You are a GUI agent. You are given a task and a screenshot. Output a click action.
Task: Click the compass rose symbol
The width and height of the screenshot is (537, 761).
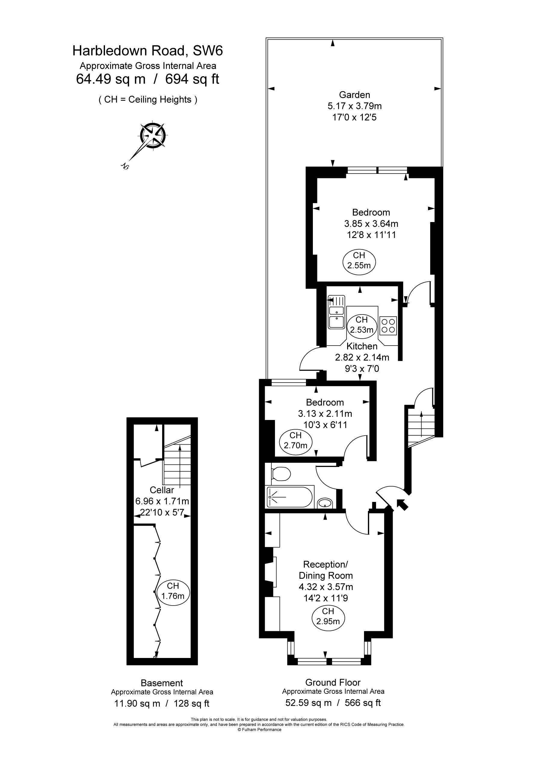click(x=153, y=135)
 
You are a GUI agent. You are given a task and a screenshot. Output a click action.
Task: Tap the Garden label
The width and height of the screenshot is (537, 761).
click(x=354, y=95)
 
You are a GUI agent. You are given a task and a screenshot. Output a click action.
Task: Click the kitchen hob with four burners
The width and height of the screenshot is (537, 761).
click(x=388, y=325)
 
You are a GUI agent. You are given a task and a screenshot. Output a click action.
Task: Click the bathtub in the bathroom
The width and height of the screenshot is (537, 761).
click(x=289, y=497)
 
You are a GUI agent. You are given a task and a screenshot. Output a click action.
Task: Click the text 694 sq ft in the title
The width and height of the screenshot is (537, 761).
click(x=192, y=79)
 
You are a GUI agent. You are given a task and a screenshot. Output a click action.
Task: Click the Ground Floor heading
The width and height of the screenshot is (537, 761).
click(x=333, y=682)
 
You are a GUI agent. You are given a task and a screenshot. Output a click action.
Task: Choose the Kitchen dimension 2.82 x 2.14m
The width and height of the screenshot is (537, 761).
click(x=362, y=357)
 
